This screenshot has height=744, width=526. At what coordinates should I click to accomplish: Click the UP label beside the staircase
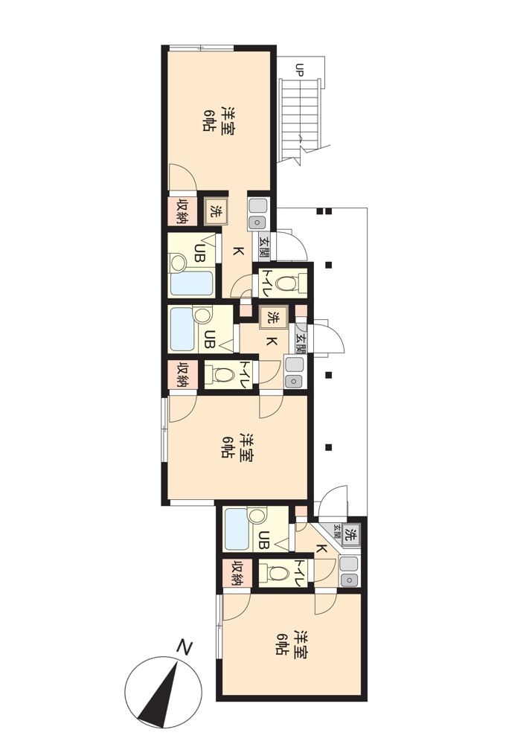[x=299, y=69]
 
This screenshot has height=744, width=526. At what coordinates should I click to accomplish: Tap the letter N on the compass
[x=184, y=647]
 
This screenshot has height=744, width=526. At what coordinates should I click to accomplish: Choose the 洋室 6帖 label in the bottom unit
[x=291, y=644]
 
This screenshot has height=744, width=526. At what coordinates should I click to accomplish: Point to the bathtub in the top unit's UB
[x=192, y=283]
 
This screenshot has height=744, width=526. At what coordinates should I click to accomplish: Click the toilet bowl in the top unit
[x=285, y=283]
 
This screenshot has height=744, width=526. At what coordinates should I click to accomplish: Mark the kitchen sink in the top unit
[x=258, y=214]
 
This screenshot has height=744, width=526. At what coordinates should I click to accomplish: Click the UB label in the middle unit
[x=209, y=339]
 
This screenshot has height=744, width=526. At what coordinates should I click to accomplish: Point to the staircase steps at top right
[x=301, y=121]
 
